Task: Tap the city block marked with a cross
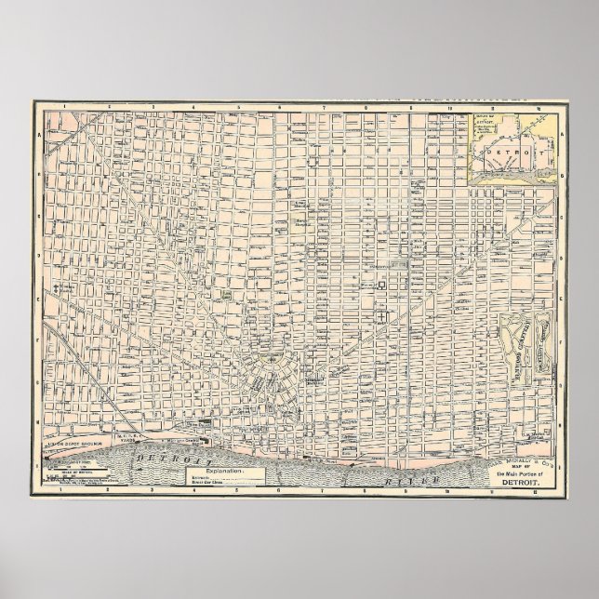382,317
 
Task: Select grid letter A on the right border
561,134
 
